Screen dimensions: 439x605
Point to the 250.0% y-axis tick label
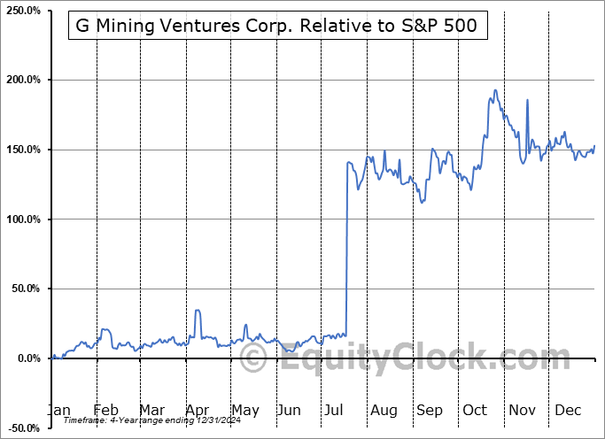[23, 11]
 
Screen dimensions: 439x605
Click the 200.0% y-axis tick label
[23, 80]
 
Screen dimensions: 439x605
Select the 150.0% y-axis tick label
[23, 150]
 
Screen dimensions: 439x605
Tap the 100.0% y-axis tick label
[23, 219]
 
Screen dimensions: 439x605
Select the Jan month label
[58, 410]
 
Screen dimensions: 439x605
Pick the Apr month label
[198, 410]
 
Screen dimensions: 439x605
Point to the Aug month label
[384, 410]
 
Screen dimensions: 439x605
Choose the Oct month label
[476, 410]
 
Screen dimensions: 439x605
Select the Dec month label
[569, 410]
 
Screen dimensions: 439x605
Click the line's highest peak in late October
[494, 89]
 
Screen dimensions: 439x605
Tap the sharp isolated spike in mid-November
[527, 100]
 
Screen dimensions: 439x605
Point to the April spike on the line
[198, 311]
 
